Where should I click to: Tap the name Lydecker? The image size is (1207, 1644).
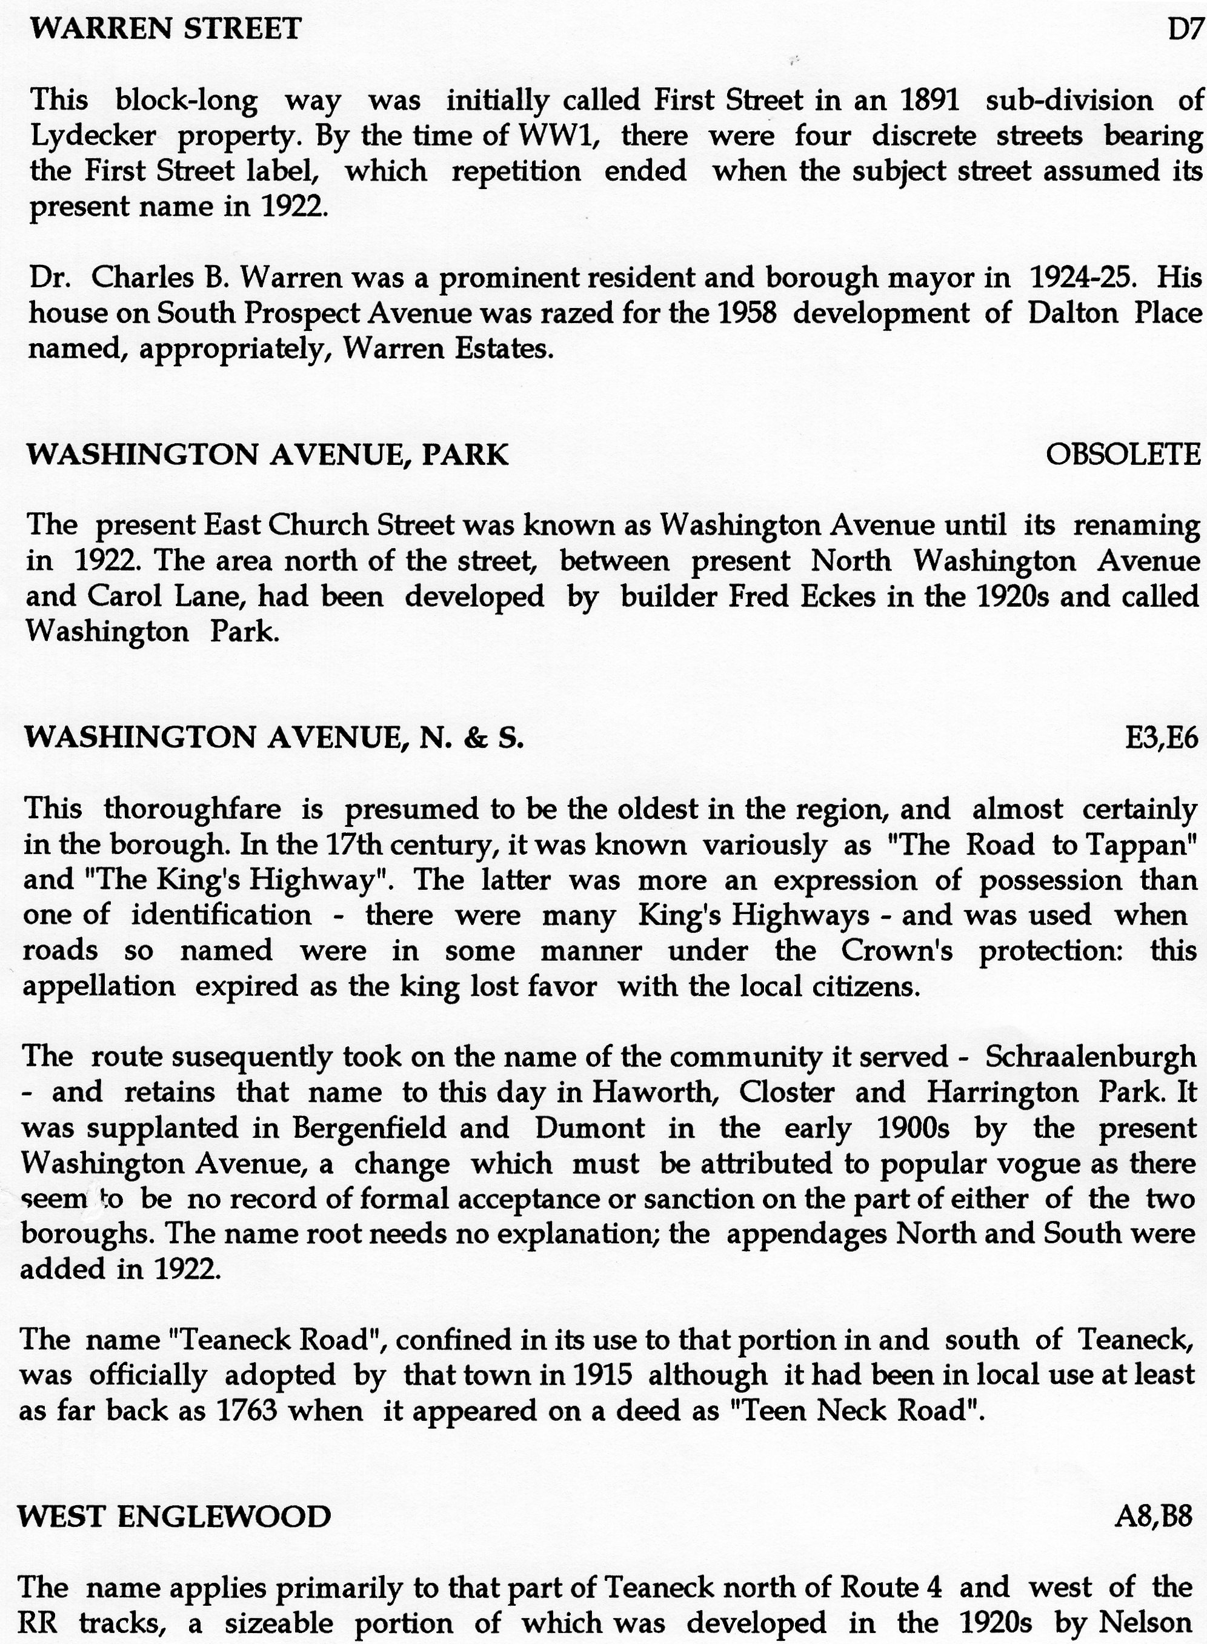(x=93, y=136)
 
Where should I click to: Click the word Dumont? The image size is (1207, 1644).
(x=590, y=1127)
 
